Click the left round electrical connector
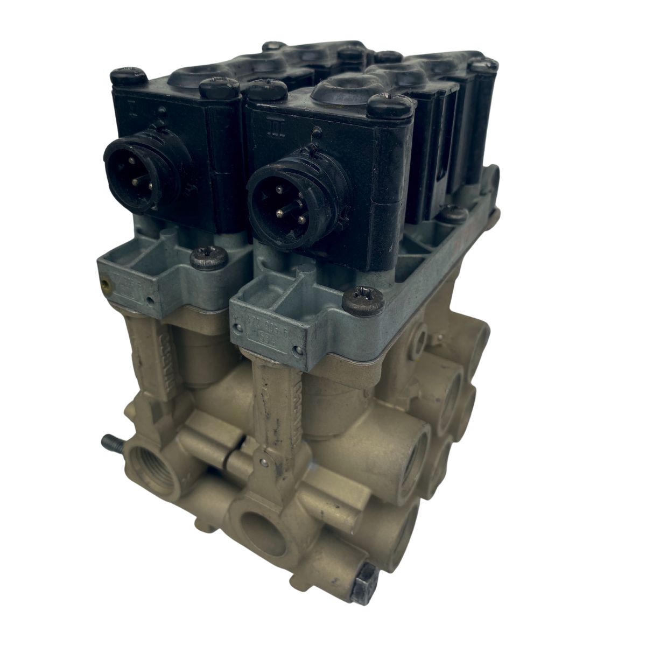pyautogui.click(x=129, y=171)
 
